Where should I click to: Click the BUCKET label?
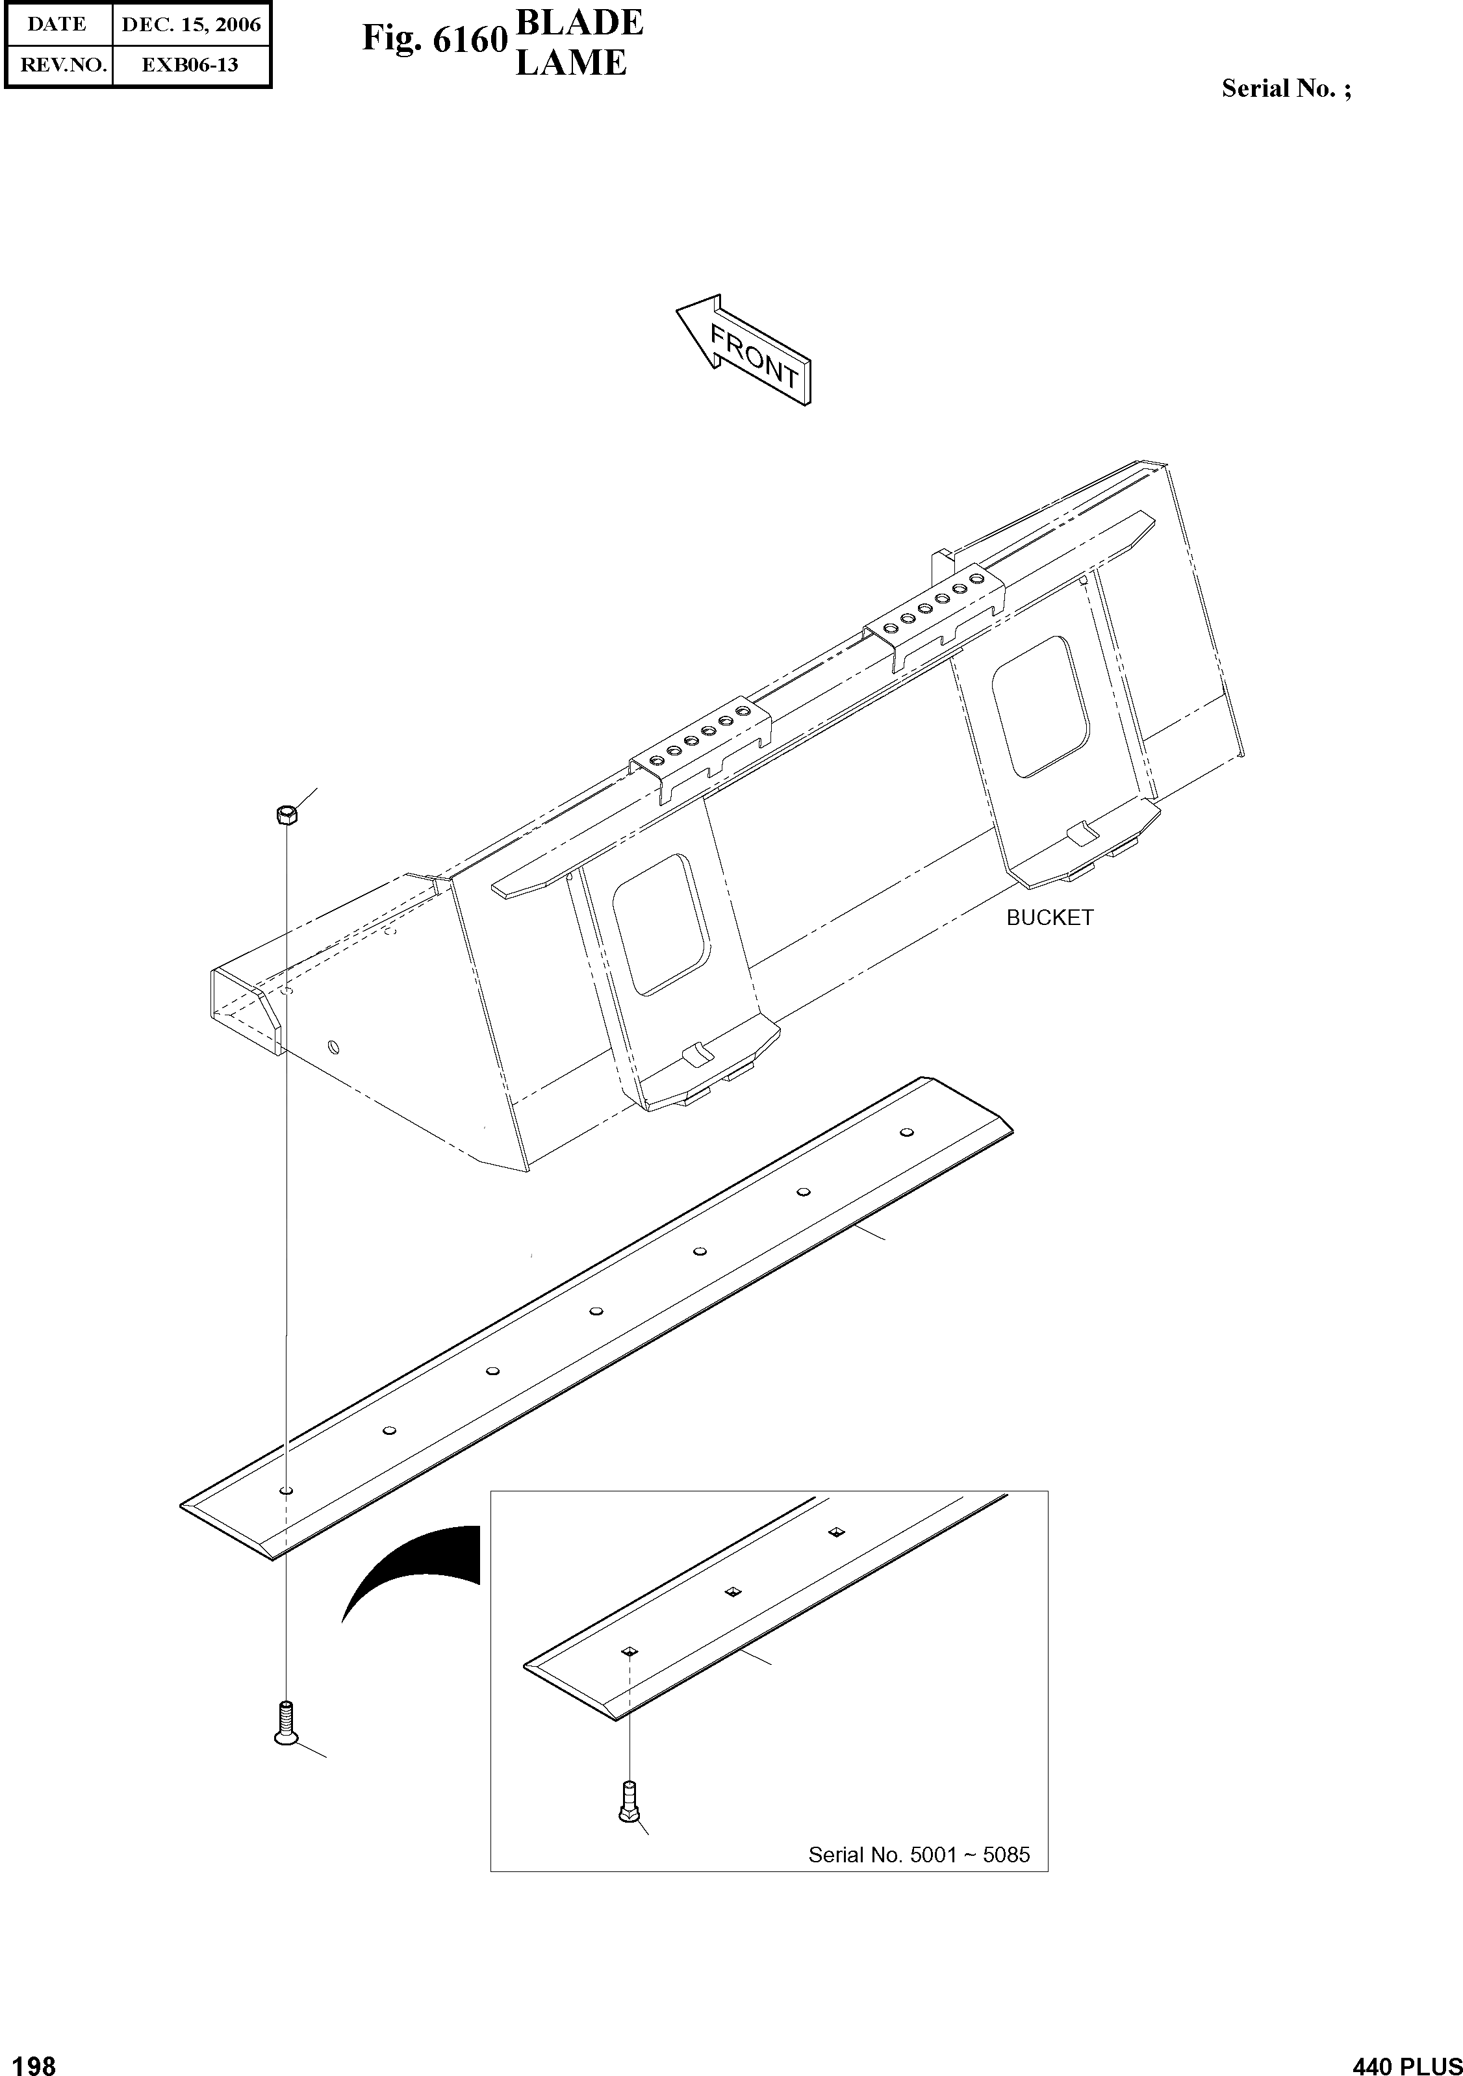[1049, 918]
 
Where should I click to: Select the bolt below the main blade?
[286, 1721]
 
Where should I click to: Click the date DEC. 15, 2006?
[191, 25]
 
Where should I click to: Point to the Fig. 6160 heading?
[434, 39]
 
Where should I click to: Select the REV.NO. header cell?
[58, 65]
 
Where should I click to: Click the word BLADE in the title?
[579, 23]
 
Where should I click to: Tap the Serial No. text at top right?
[1286, 88]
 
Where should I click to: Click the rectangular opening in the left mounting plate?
[660, 923]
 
